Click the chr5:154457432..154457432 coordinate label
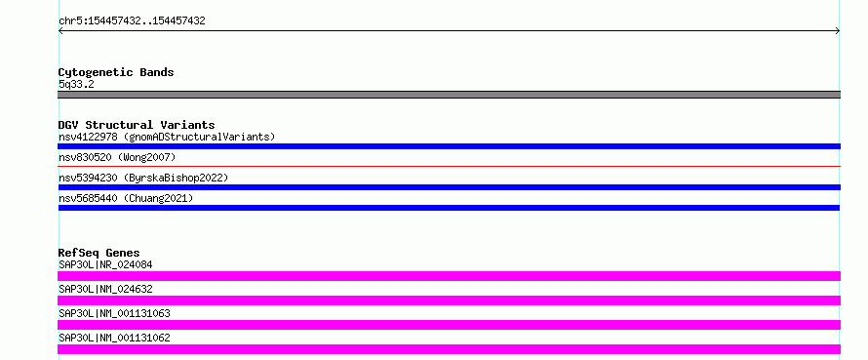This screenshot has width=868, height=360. tap(132, 21)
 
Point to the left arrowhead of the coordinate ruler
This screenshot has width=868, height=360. tap(59, 31)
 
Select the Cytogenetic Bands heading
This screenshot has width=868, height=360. tap(116, 72)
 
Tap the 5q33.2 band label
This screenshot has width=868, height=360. tap(76, 84)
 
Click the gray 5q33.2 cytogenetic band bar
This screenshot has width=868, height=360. tap(449, 95)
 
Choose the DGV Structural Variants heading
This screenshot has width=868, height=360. tap(137, 125)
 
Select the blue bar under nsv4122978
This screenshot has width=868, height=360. tap(449, 146)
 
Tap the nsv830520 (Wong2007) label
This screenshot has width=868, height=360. tap(117, 158)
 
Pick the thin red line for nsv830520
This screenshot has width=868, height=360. tap(449, 166)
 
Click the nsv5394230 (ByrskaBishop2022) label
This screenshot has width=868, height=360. tap(143, 179)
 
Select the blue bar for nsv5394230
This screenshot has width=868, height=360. tap(449, 187)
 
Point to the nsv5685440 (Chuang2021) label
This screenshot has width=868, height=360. tap(126, 198)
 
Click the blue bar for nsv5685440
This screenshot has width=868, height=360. tap(449, 208)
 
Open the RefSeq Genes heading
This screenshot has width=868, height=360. tap(99, 253)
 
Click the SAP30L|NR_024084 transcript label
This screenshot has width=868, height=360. tap(105, 264)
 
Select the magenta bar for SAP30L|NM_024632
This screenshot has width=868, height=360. tap(449, 300)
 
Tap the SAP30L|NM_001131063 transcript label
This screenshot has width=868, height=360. tap(114, 313)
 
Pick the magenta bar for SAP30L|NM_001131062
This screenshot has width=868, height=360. tap(449, 349)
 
